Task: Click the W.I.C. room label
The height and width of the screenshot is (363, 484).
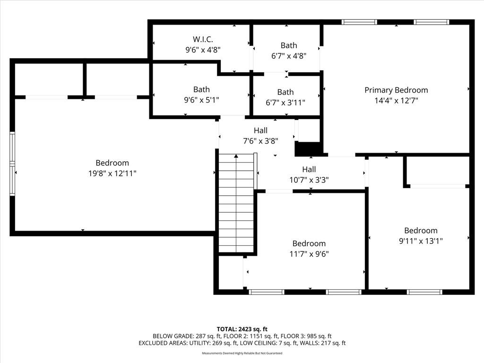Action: tap(203, 39)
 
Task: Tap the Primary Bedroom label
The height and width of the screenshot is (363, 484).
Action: tap(396, 90)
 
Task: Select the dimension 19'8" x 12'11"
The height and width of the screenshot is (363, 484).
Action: tap(112, 173)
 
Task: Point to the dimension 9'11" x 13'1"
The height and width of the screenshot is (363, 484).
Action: tap(421, 241)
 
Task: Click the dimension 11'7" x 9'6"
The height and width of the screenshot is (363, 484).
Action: tap(309, 254)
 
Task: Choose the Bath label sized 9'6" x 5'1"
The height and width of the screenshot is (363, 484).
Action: tap(201, 89)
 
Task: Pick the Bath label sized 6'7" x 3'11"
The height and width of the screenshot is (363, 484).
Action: tap(285, 92)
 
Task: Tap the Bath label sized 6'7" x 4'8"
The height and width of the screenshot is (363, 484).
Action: tap(289, 45)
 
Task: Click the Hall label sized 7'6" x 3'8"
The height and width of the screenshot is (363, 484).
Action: tap(260, 130)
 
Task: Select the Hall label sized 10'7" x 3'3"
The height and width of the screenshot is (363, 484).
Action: tap(309, 169)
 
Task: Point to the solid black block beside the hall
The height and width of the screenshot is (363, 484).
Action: tap(309, 149)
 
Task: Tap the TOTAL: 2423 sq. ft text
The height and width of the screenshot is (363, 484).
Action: tap(242, 329)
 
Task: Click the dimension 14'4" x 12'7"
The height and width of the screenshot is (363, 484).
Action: tap(396, 101)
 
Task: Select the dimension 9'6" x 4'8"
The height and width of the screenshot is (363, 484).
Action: tap(203, 50)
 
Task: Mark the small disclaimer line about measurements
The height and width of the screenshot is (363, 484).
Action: tap(242, 353)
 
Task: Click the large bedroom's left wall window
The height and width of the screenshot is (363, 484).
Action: tap(12, 164)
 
